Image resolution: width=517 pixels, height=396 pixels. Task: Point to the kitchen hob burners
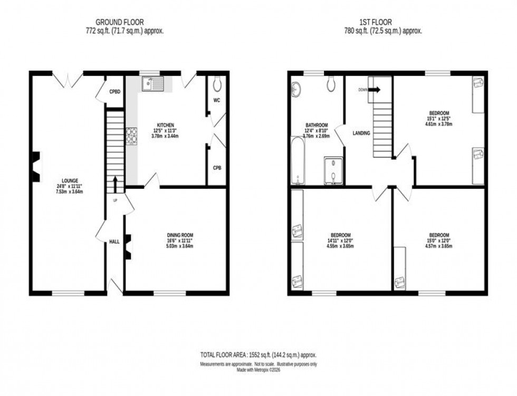pyautogui.click(x=131, y=136)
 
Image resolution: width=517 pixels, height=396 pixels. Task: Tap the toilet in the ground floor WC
pyautogui.click(x=217, y=84)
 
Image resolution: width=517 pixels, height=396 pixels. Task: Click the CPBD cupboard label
pyautogui.click(x=115, y=92)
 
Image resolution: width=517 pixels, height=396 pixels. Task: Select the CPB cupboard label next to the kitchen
pyautogui.click(x=217, y=168)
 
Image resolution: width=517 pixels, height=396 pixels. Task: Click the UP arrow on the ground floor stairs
pyautogui.click(x=115, y=185)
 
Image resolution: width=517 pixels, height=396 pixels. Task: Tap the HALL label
pyautogui.click(x=114, y=242)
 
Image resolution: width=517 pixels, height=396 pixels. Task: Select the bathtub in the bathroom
pyautogui.click(x=298, y=161)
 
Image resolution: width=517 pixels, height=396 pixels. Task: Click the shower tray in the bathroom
pyautogui.click(x=333, y=171)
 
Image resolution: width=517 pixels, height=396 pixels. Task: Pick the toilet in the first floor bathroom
pyautogui.click(x=332, y=83)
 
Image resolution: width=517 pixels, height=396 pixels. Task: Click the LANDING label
pyautogui.click(x=362, y=133)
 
